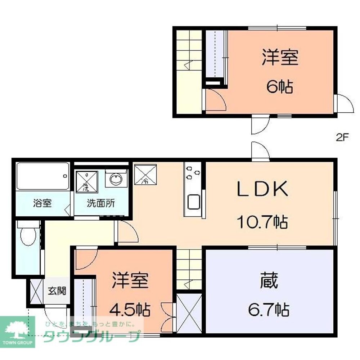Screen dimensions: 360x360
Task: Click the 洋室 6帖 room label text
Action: point(280,72)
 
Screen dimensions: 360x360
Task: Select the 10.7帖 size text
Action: point(262,222)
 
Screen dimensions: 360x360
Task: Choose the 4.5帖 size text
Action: point(130,309)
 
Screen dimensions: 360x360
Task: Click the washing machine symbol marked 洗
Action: point(86,181)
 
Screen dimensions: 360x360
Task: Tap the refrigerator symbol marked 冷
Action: point(145,174)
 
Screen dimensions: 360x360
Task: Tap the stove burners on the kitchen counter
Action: point(192,173)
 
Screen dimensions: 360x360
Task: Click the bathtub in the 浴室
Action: point(42,176)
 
